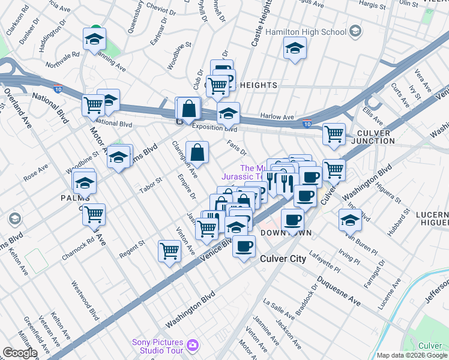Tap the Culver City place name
283,259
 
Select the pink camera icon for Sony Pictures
193,344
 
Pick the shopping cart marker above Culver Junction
334,134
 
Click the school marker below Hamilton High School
294,49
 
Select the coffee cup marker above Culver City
244,246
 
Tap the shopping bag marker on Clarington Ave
197,154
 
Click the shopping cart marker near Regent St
170,251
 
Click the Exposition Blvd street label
214,127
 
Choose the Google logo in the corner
19,353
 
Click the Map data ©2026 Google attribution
412,355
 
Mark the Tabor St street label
151,184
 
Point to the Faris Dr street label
237,147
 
